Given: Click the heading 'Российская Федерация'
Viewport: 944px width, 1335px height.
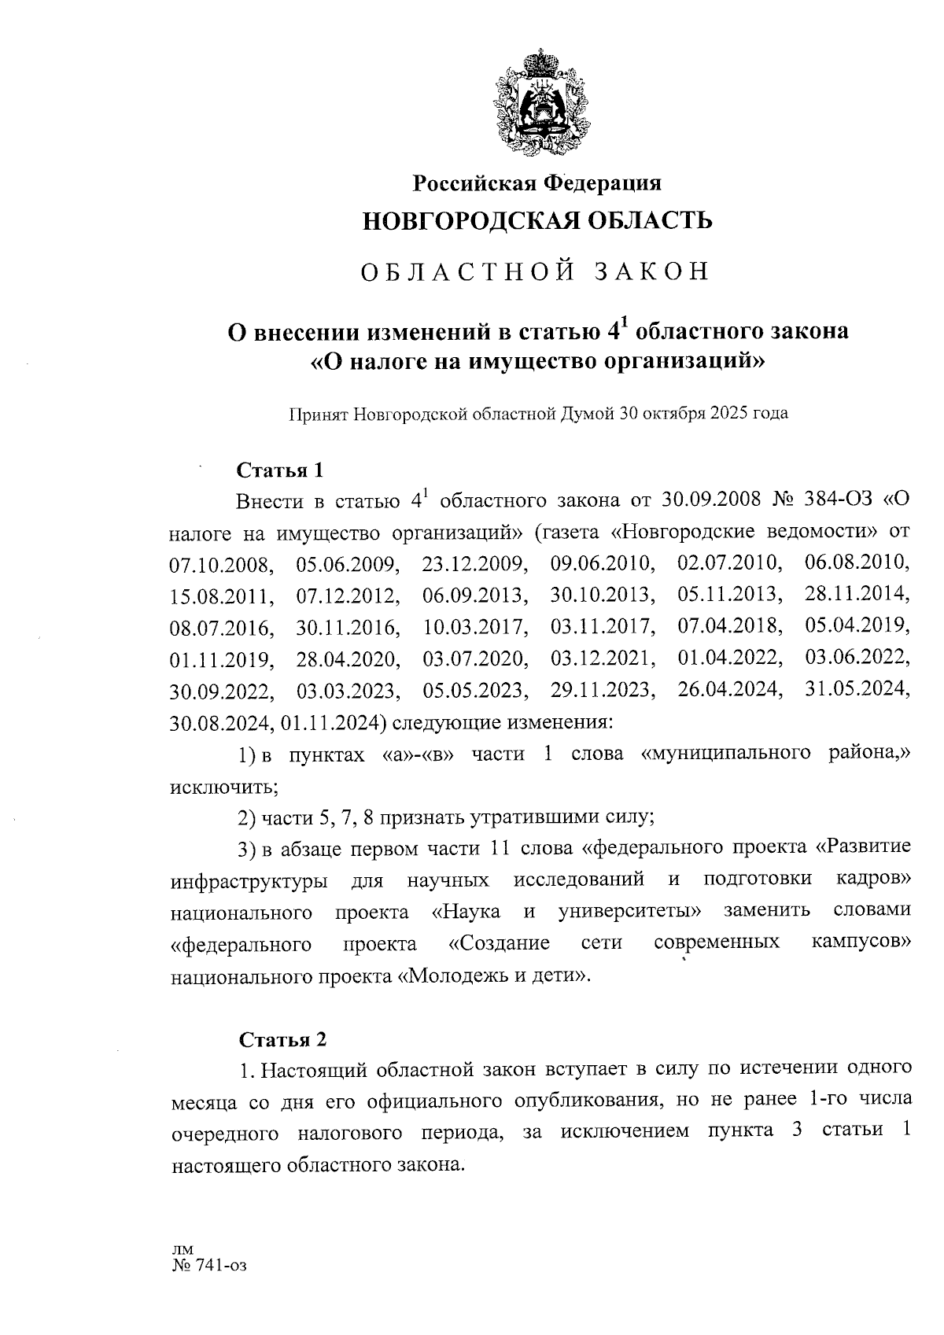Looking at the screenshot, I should point(538,183).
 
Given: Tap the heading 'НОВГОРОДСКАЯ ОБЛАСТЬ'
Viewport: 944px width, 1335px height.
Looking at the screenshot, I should point(537,221).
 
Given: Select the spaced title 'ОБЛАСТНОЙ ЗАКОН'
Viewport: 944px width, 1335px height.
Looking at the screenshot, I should point(536,271).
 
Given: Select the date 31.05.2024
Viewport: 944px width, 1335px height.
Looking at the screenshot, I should point(857,690).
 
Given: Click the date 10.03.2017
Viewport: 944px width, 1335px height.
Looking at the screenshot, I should point(474,628).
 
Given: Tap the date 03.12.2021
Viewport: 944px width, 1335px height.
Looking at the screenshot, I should point(603,658).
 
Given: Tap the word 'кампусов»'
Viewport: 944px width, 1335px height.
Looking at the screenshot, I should point(861,942).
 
